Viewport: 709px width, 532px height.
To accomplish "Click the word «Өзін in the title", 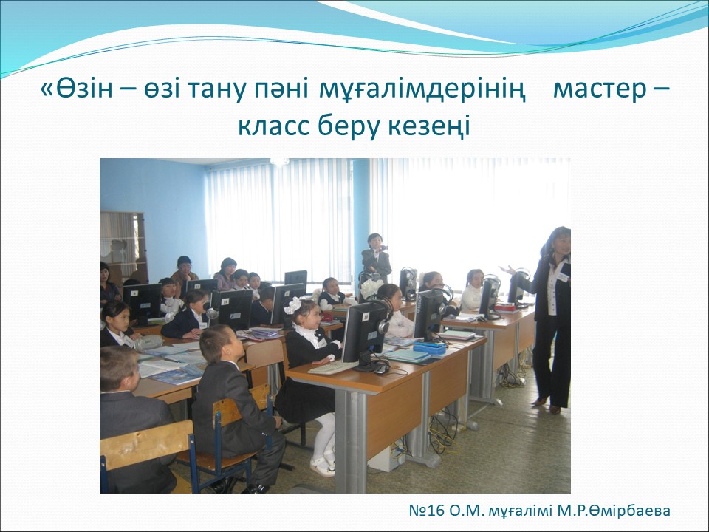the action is pyautogui.click(x=76, y=89).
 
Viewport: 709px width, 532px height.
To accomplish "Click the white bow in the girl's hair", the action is pyautogui.click(x=292, y=305).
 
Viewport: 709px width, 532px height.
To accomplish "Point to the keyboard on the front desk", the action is pyautogui.click(x=332, y=367).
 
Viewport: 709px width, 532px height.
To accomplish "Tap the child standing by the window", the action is pyautogui.click(x=376, y=258).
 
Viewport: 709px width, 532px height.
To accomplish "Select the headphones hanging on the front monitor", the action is pyautogui.click(x=383, y=317).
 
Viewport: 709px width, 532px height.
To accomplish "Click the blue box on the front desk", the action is pyautogui.click(x=430, y=347).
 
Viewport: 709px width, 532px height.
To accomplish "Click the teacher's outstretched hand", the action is pyautogui.click(x=508, y=270).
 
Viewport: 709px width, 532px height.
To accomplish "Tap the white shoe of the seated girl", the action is pyautogui.click(x=322, y=466).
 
